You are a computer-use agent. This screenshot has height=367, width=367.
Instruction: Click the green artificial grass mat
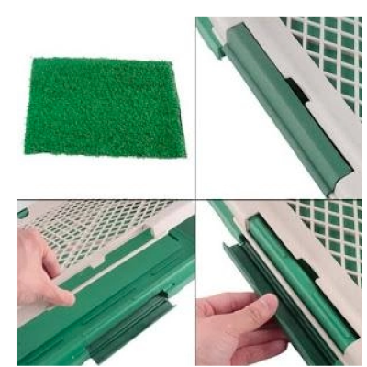tap(106, 106)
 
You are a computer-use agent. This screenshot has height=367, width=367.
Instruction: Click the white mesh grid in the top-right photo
tap(326, 46)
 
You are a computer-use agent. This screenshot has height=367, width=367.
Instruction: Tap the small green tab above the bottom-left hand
tap(23, 212)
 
